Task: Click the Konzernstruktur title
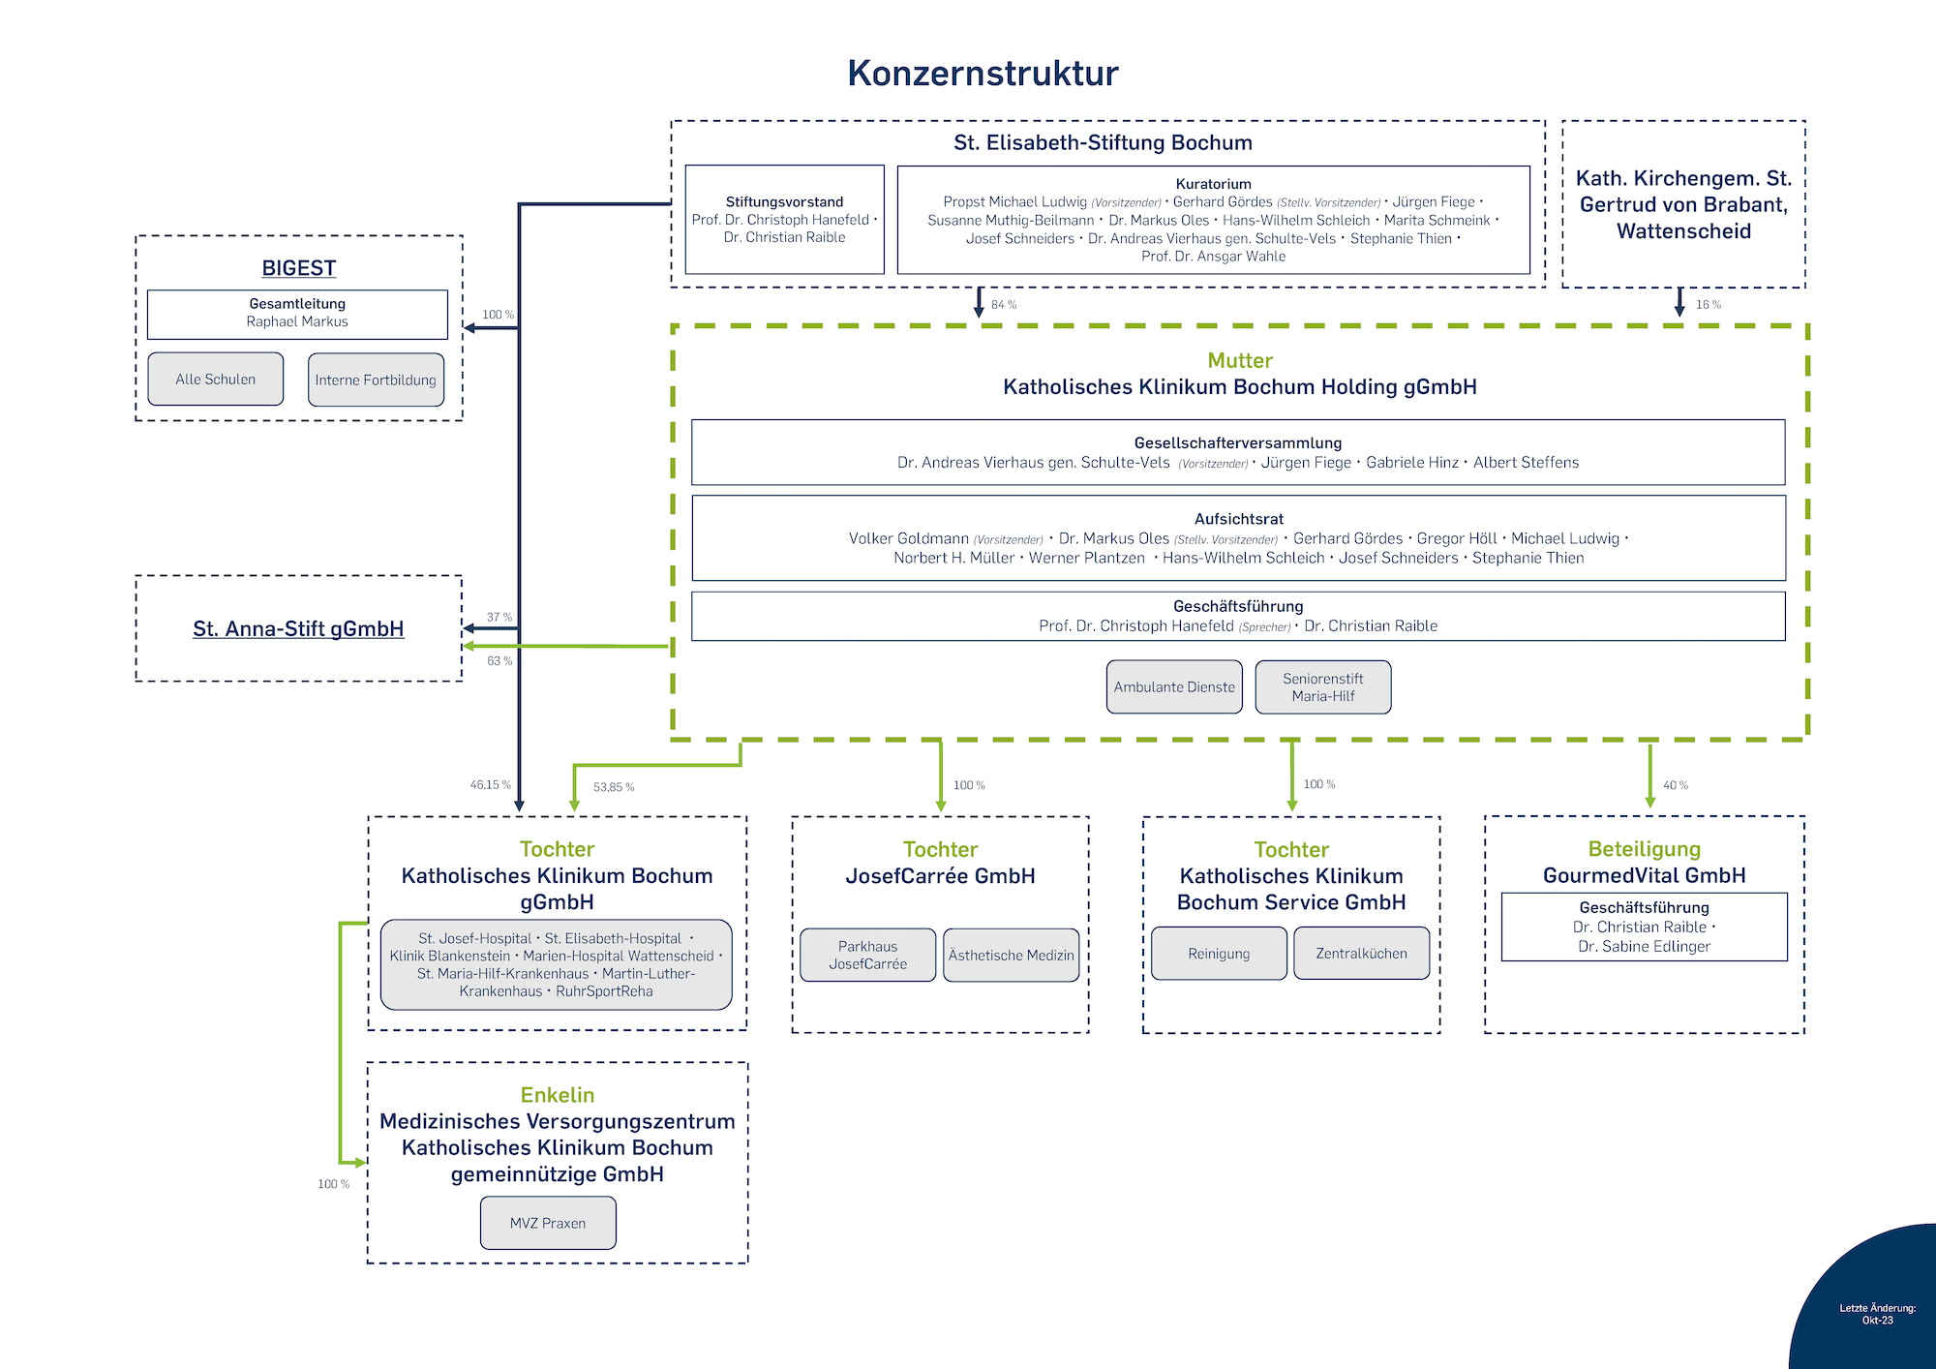click(x=983, y=74)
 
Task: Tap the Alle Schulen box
click(x=215, y=380)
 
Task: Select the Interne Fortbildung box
click(x=376, y=380)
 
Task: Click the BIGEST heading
click(x=298, y=268)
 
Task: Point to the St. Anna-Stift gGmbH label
click(x=298, y=629)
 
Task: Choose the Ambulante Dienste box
click(x=1174, y=687)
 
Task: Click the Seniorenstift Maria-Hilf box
click(x=1322, y=687)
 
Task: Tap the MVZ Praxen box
click(x=548, y=1223)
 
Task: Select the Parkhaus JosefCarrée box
click(x=867, y=955)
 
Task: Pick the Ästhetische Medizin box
click(x=1011, y=955)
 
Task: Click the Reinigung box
click(x=1219, y=954)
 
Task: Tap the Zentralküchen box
click(x=1361, y=954)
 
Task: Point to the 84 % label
click(x=1004, y=305)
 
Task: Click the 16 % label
click(x=1709, y=305)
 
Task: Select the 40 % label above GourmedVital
click(x=1676, y=785)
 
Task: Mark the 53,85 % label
click(x=614, y=787)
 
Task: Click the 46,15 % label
click(x=491, y=785)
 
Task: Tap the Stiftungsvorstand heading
click(x=784, y=202)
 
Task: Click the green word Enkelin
click(x=558, y=1095)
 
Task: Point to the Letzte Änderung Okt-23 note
click(x=1877, y=1314)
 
